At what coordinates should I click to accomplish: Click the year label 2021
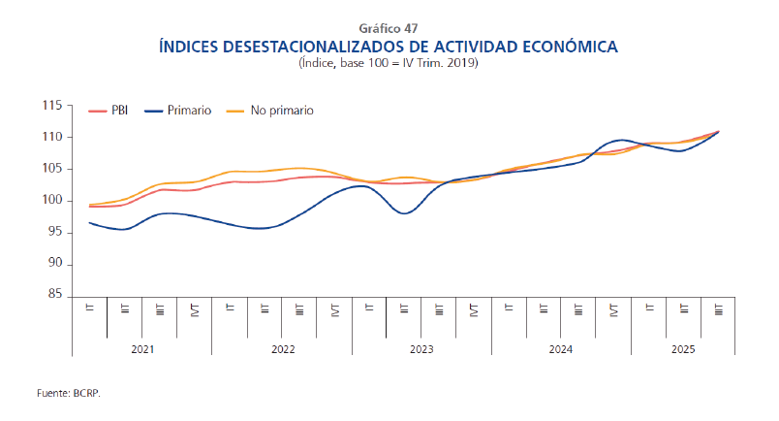tap(141, 347)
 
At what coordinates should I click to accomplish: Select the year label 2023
tap(421, 347)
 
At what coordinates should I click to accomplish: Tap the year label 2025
tap(683, 347)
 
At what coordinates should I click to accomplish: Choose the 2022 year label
tap(282, 347)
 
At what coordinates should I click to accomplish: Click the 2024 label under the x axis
tap(561, 347)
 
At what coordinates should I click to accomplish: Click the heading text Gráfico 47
tap(388, 27)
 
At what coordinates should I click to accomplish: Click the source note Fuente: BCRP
tap(69, 395)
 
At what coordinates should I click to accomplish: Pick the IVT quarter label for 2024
tap(614, 310)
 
